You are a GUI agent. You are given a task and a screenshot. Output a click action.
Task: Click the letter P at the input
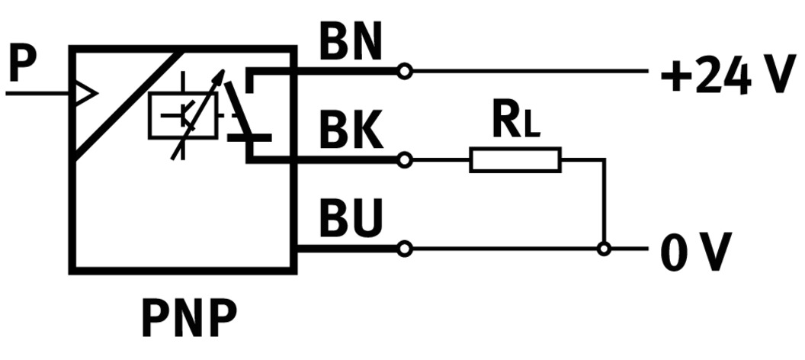tap(23, 66)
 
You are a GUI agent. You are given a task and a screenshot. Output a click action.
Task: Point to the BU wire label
tap(350, 221)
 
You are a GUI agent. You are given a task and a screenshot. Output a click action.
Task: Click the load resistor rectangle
tap(515, 160)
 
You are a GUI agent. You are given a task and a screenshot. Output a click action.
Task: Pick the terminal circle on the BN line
tap(405, 72)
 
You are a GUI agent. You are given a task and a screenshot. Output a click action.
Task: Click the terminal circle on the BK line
tap(405, 160)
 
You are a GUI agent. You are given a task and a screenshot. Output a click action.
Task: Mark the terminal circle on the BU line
tap(405, 249)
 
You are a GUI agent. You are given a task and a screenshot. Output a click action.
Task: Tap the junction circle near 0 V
tap(604, 249)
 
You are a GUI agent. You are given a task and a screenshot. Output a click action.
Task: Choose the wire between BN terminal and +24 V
tap(526, 72)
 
